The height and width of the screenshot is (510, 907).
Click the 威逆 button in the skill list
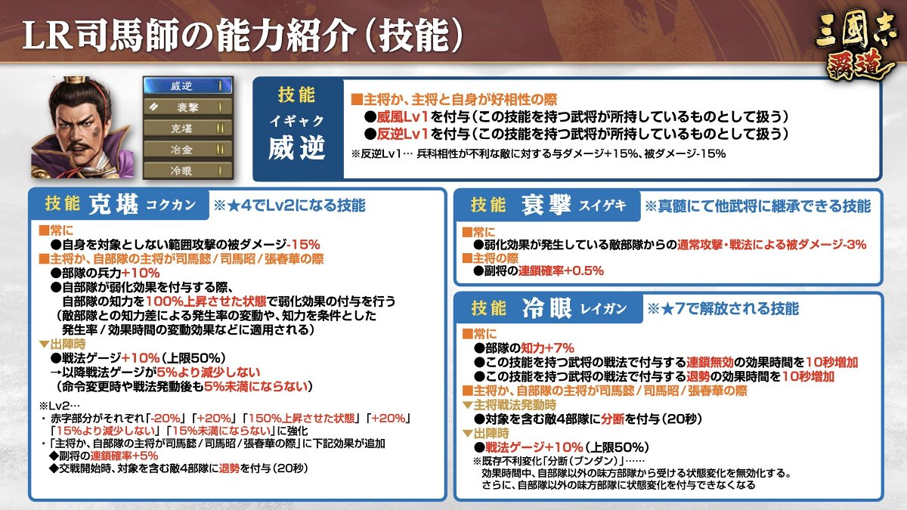coord(188,86)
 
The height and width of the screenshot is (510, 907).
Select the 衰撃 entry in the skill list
coord(188,107)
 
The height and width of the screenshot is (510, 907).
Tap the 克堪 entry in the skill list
coord(188,128)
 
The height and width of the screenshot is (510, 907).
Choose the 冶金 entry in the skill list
coord(188,150)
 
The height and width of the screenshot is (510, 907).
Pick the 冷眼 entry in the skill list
coord(188,171)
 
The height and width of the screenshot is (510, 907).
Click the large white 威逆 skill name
coord(297,148)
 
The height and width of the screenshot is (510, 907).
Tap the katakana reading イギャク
coord(297,121)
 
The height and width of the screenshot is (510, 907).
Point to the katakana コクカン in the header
coord(171,205)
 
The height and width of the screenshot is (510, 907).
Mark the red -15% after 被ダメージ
coord(303,245)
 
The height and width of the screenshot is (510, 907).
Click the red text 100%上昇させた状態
coord(206,301)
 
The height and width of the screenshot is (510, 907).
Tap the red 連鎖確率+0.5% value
coord(561,270)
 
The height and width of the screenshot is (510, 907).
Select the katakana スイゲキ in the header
coord(602,206)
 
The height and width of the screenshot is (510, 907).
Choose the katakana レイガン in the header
coord(603,309)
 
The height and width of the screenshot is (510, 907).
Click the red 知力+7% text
coord(547,348)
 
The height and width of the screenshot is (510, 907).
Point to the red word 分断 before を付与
coord(613,419)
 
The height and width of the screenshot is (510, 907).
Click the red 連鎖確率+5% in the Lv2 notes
coord(124,456)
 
